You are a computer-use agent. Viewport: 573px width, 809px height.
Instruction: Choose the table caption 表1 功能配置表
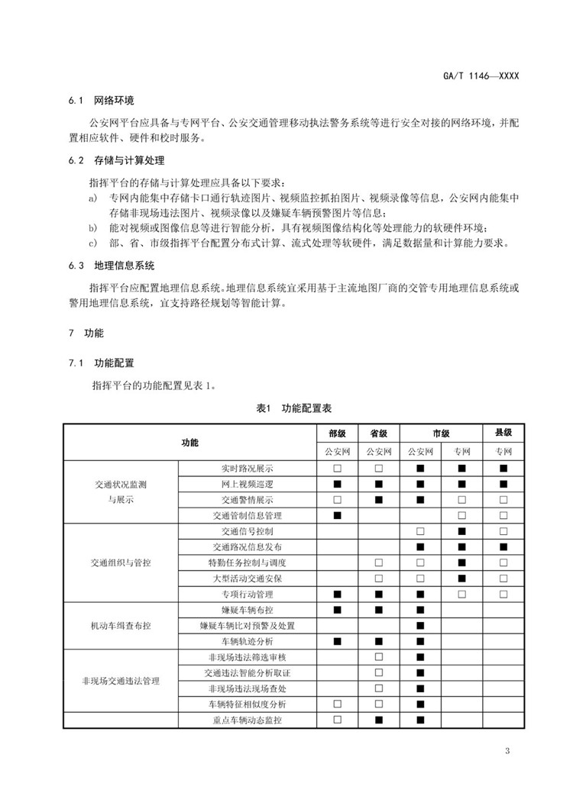(x=288, y=409)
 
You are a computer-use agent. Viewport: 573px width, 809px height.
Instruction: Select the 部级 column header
(x=337, y=433)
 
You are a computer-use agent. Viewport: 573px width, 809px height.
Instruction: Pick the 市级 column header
(x=441, y=433)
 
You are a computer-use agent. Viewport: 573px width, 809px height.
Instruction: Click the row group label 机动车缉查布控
(x=120, y=625)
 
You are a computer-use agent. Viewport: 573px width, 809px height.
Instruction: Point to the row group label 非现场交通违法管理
(x=120, y=680)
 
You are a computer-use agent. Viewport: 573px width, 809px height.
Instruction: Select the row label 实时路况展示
(x=248, y=468)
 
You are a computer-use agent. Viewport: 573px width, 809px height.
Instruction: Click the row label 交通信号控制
(x=248, y=531)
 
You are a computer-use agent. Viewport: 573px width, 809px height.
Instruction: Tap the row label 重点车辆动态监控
(x=248, y=720)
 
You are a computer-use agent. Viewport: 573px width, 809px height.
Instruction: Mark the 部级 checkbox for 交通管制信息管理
(x=337, y=515)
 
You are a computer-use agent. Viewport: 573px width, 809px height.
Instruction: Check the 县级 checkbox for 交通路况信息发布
(x=503, y=546)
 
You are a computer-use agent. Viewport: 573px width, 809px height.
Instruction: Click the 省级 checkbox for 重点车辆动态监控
(x=378, y=720)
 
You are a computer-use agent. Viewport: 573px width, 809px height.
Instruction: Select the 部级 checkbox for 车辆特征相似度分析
(x=337, y=704)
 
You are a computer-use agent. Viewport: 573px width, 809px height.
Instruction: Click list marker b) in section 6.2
(x=92, y=228)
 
